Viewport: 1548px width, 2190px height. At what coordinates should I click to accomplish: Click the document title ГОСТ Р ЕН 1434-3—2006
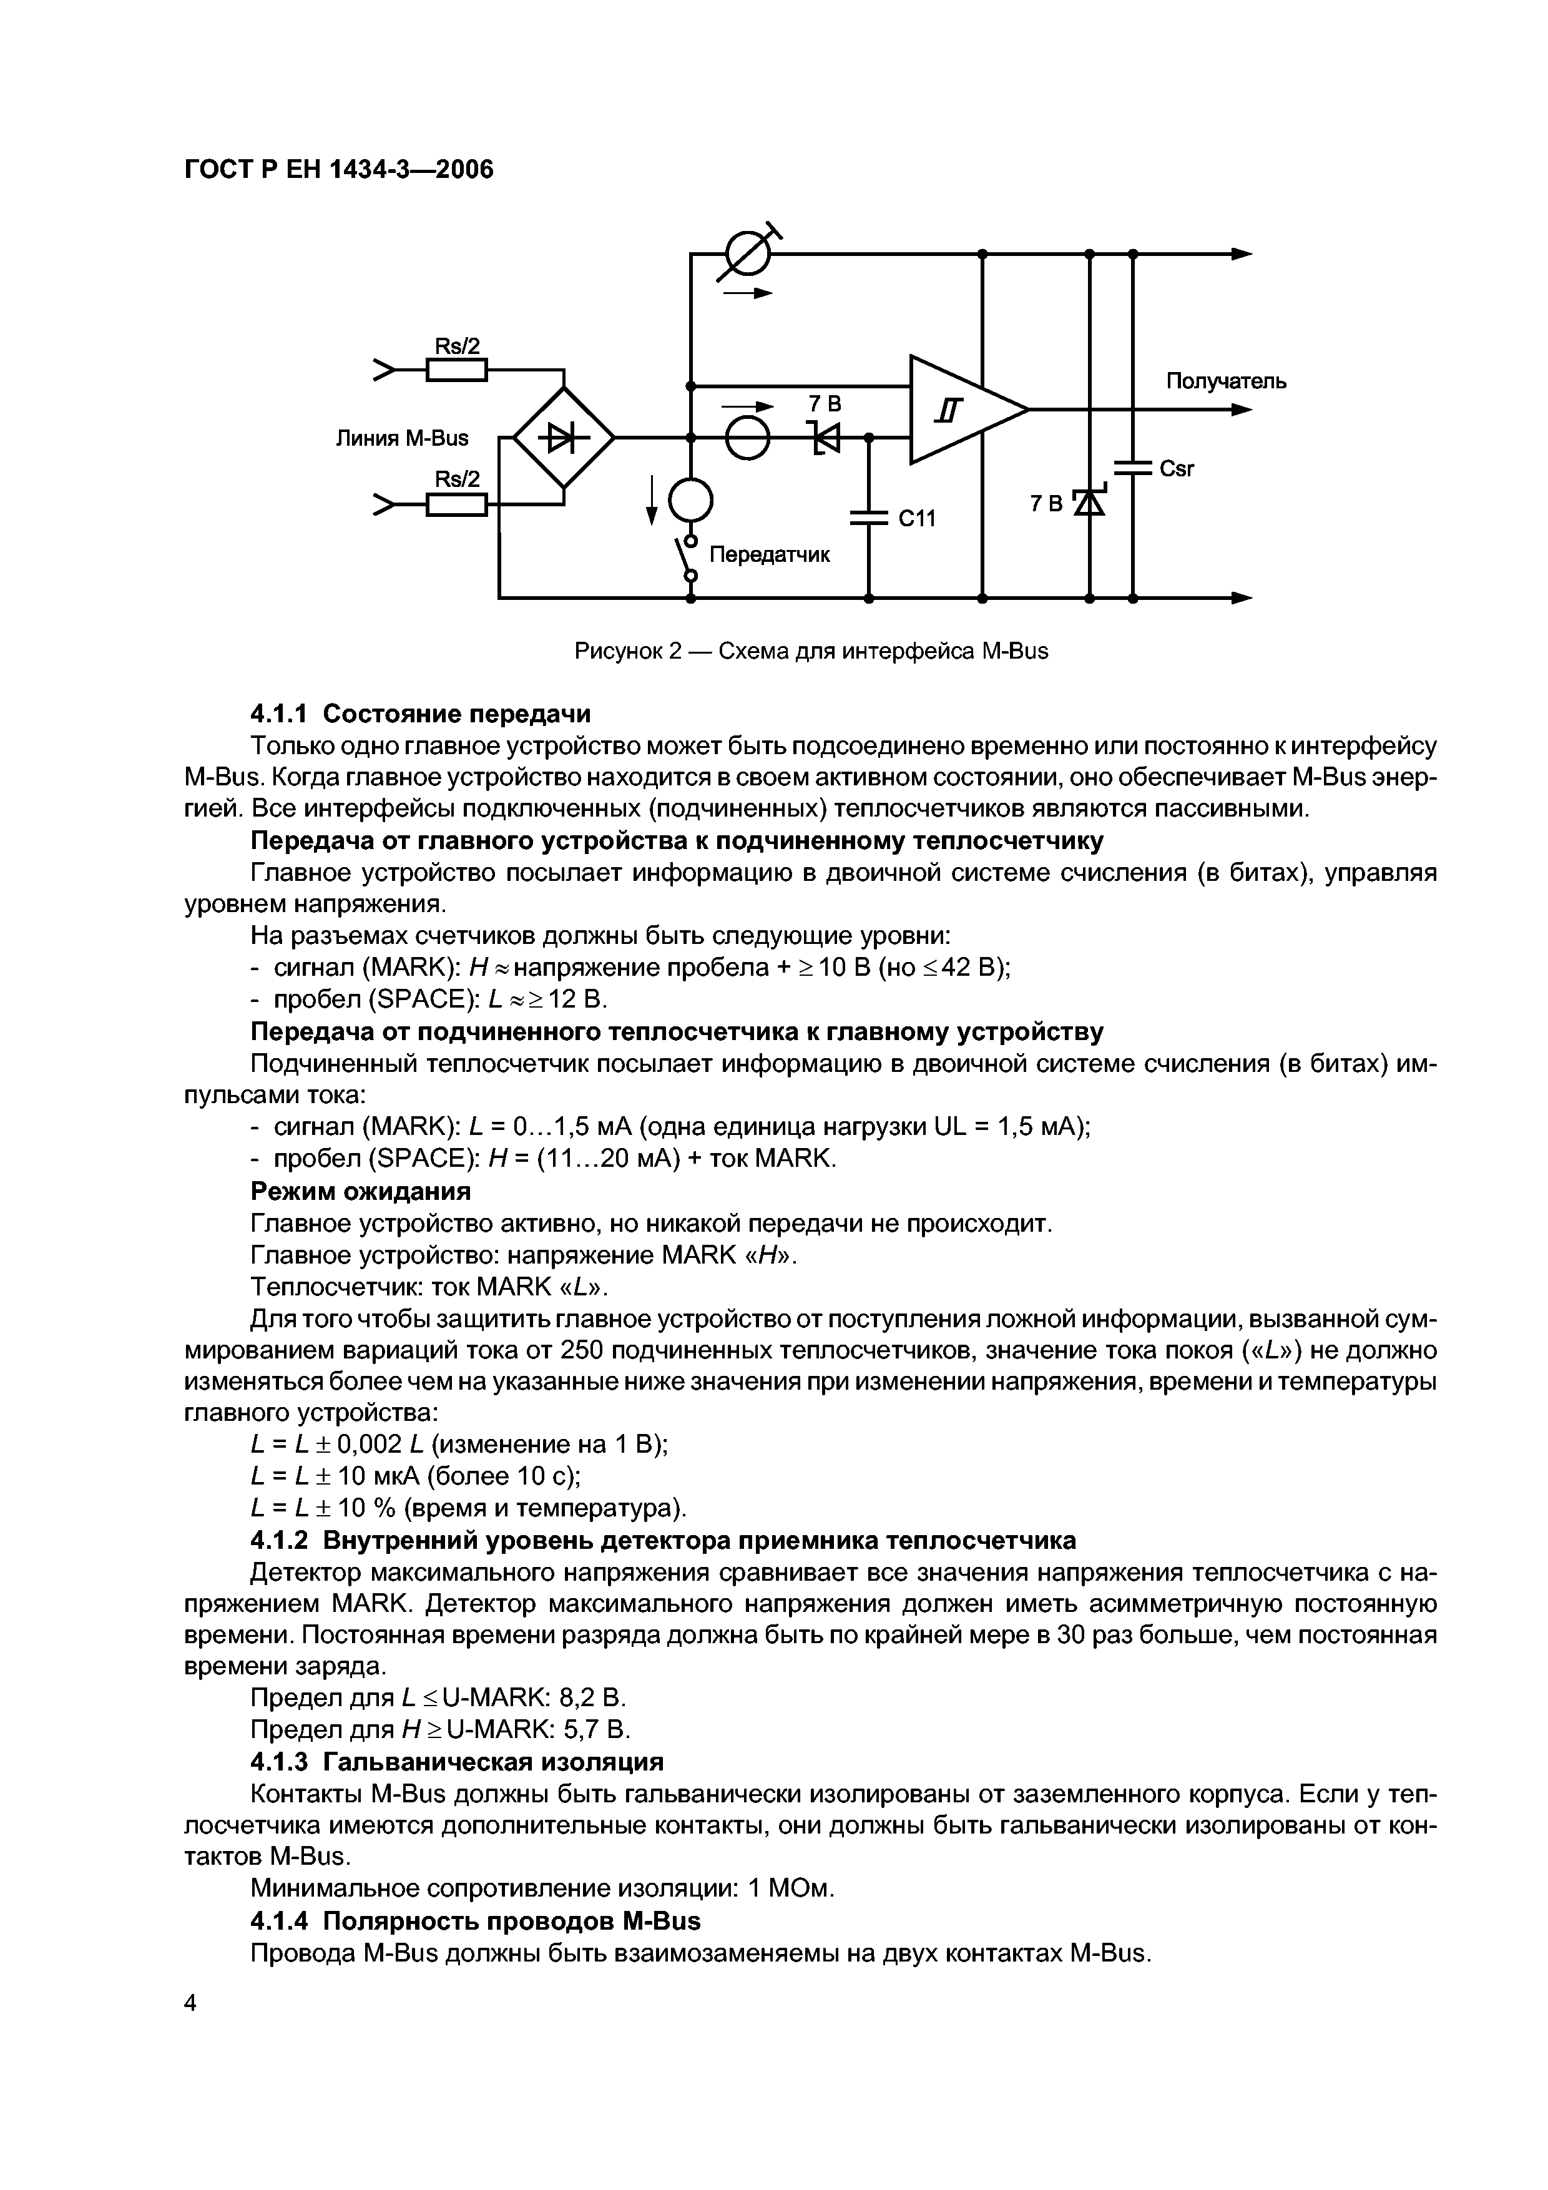[338, 170]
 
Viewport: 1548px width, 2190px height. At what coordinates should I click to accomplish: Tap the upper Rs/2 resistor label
[457, 345]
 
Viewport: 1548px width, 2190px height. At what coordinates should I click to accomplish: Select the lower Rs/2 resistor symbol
[457, 504]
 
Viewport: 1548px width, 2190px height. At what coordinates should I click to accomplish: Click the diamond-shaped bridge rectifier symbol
[564, 438]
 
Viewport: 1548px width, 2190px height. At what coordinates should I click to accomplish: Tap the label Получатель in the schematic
[1226, 381]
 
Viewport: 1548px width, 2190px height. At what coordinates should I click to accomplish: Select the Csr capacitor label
[1177, 469]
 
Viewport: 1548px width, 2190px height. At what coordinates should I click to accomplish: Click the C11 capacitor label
[918, 518]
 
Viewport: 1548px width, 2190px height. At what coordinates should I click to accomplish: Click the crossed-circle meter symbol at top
[746, 253]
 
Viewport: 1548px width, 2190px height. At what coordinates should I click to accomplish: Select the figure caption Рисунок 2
[811, 652]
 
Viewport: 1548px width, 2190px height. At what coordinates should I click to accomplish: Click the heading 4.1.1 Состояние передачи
[419, 714]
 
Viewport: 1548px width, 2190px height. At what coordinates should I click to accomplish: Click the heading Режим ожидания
[361, 1191]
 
